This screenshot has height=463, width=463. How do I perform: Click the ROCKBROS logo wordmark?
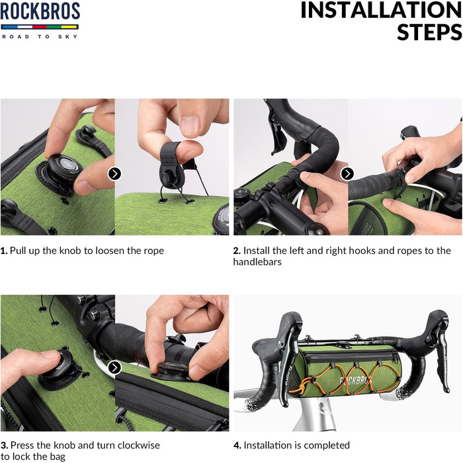(40, 11)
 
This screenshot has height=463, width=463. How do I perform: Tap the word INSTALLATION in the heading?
(382, 11)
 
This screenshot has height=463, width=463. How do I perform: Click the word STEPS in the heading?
(430, 32)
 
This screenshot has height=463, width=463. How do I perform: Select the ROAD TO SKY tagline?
(40, 36)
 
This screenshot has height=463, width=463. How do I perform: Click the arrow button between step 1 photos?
(114, 173)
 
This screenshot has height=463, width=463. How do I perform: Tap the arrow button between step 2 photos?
(347, 173)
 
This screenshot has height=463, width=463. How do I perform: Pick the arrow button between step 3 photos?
(114, 368)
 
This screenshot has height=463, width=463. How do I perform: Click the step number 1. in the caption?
(4, 251)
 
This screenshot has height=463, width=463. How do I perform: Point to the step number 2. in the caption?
(237, 251)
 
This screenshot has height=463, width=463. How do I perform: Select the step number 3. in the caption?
(5, 445)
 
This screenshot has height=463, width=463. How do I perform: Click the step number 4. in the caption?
(237, 445)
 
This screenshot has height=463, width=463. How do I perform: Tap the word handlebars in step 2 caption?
(257, 262)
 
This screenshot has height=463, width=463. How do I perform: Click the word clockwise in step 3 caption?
(139, 445)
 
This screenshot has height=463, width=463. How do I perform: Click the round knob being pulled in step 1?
(64, 167)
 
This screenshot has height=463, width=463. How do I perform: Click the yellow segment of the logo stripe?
(69, 27)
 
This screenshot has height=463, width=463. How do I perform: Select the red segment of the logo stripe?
(40, 27)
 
